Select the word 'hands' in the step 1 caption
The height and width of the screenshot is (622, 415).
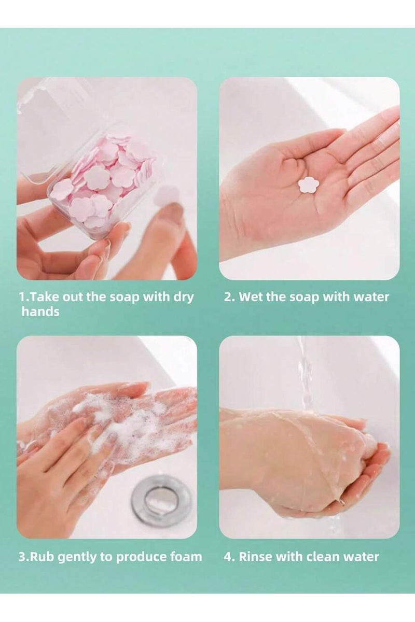40,312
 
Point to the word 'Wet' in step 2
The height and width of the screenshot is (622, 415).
250,297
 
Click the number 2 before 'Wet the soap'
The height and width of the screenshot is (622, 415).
228,297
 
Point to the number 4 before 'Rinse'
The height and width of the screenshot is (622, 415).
228,557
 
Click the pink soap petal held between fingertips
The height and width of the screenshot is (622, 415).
167,195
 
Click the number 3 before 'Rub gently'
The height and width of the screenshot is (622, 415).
22,557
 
